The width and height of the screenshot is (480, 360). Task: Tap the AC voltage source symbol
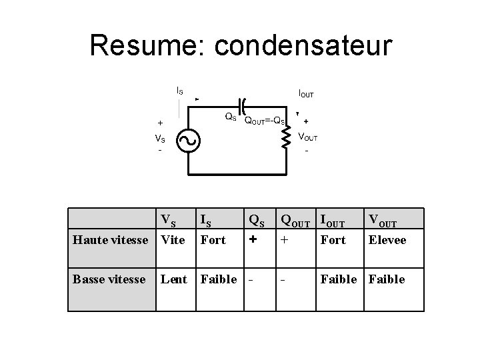189,139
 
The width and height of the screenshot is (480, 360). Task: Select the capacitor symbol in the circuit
243,105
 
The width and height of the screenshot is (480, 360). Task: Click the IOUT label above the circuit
306,95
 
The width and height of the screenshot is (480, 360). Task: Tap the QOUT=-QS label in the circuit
265,121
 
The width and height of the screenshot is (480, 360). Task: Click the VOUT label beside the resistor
307,137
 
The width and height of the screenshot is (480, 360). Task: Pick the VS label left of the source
160,139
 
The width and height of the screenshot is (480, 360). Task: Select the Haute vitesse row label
111,240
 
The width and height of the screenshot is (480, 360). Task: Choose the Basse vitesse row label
109,279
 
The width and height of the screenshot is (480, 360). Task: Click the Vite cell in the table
173,240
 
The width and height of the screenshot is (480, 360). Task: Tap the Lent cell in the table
174,279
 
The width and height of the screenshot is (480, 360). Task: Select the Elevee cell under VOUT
387,240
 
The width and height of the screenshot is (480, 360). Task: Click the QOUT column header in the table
298,219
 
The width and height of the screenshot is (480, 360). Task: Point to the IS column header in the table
207,220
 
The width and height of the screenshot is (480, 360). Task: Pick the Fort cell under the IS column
213,240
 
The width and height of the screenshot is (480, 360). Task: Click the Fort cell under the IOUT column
333,240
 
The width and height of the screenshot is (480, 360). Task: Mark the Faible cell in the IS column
219,279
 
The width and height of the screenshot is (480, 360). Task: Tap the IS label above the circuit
179,90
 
